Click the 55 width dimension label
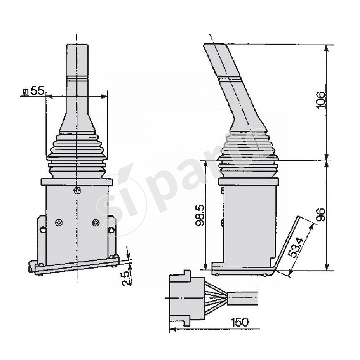click(38, 91)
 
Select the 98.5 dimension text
click(201, 215)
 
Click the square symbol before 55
click(25, 92)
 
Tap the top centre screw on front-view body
click(77, 190)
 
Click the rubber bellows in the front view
click(77, 153)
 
